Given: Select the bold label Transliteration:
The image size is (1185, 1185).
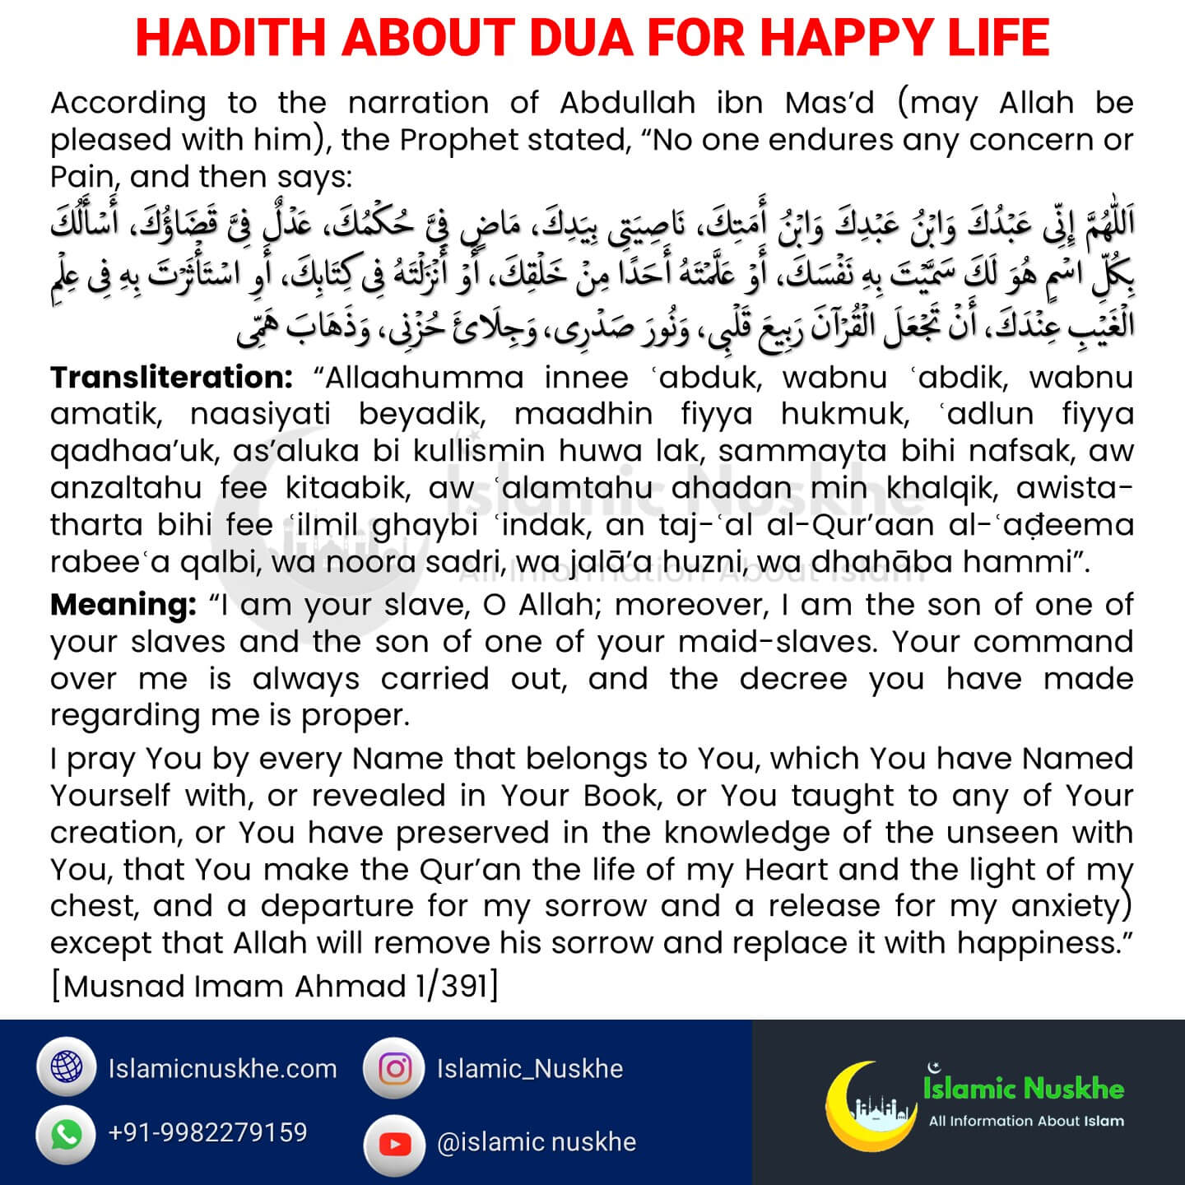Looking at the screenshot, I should (171, 378).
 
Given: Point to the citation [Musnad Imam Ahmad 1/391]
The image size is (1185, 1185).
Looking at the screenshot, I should (274, 985).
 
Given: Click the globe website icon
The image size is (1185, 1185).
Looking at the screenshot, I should (67, 1068).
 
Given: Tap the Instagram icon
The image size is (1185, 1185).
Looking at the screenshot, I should (394, 1068).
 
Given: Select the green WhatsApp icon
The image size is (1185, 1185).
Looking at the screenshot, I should (67, 1134).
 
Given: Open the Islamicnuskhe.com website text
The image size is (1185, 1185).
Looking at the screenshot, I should (222, 1069).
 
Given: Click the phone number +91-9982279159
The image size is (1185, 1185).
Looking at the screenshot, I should (207, 1133).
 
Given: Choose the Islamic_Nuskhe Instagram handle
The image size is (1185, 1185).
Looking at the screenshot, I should (529, 1069).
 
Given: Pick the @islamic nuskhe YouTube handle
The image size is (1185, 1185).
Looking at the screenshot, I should (537, 1142).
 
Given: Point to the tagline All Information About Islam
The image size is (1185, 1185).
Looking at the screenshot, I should (1025, 1121).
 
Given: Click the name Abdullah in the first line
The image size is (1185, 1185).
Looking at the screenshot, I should (627, 103).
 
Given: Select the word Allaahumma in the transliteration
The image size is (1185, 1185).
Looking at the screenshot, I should (425, 378).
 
